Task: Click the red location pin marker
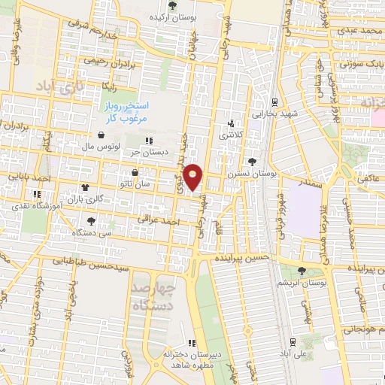pos(193,177)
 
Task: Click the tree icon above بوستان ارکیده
pos(173,5)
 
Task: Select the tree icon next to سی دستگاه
pos(91,221)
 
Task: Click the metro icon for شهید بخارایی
pos(274,102)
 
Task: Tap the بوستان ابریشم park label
pos(301,283)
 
